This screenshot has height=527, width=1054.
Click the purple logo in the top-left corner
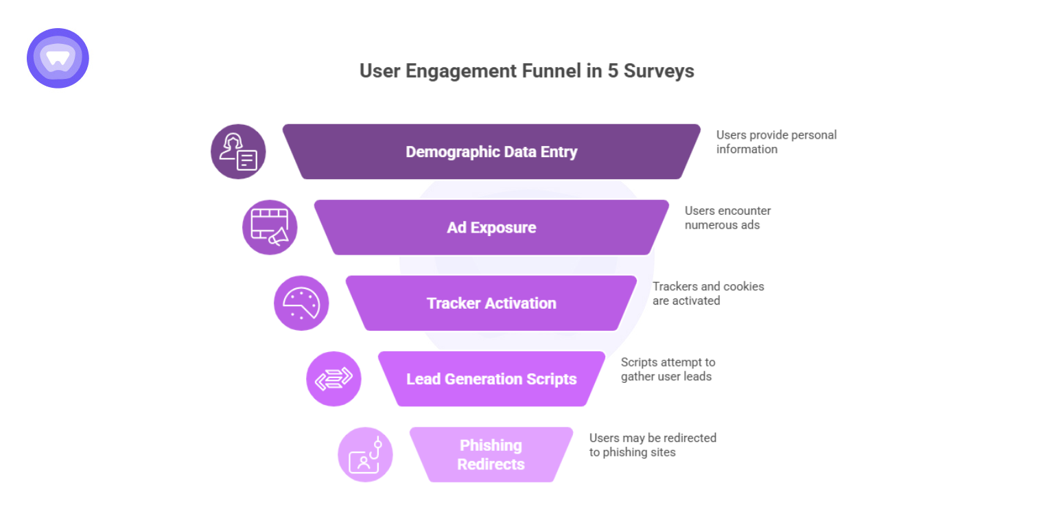pyautogui.click(x=58, y=58)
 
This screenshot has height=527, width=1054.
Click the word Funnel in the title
pyautogui.click(x=552, y=71)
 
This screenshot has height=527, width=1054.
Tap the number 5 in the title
pyautogui.click(x=613, y=71)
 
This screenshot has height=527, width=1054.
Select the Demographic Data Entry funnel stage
pyautogui.click(x=491, y=152)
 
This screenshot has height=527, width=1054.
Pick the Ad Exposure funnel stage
pyautogui.click(x=491, y=227)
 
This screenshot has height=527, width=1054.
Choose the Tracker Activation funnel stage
pyautogui.click(x=491, y=303)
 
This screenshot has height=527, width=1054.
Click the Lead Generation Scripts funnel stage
pyautogui.click(x=491, y=379)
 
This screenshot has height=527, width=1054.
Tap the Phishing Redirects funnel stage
pyautogui.click(x=491, y=454)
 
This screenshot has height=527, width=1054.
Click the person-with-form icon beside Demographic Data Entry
pyautogui.click(x=238, y=152)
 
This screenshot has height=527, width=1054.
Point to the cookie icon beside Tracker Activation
pyautogui.click(x=301, y=303)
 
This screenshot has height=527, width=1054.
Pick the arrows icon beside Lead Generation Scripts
pyautogui.click(x=333, y=379)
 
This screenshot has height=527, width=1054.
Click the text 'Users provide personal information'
pyautogui.click(x=775, y=142)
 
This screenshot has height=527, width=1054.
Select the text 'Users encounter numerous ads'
pyautogui.click(x=727, y=218)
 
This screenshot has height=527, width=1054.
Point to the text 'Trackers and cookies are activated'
pyautogui.click(x=707, y=293)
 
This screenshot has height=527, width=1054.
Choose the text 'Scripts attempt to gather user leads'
pyautogui.click(x=668, y=369)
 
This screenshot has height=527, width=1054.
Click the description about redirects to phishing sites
pyautogui.click(x=652, y=445)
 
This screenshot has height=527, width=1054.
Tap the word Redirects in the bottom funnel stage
pyautogui.click(x=491, y=465)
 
